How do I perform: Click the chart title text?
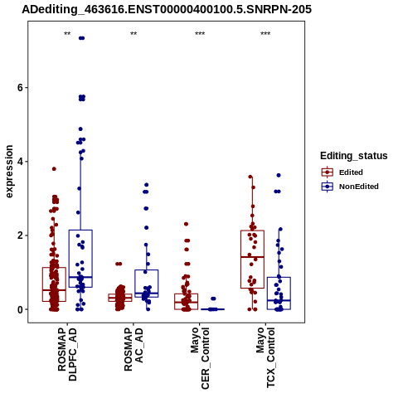point(167,10)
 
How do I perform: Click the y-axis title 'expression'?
point(9,172)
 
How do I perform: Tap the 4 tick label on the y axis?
point(20,162)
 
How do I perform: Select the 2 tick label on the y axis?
point(20,235)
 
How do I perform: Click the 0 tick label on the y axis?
point(20,309)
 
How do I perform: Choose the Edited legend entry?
point(342,172)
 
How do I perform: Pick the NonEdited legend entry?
point(350,187)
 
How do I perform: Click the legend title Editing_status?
point(354,156)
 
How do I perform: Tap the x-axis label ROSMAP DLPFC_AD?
point(67,354)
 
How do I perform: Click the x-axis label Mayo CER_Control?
point(200,358)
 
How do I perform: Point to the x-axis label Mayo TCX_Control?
point(265,357)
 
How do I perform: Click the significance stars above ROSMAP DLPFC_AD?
point(67,34)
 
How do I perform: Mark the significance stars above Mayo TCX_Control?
point(265,34)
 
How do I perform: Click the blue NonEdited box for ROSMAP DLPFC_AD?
point(80,259)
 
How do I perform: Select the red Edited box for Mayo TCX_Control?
point(252,260)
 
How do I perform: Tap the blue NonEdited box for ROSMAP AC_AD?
point(147,284)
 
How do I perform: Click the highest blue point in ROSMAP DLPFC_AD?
point(81,38)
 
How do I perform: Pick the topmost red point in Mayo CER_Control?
point(187,224)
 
